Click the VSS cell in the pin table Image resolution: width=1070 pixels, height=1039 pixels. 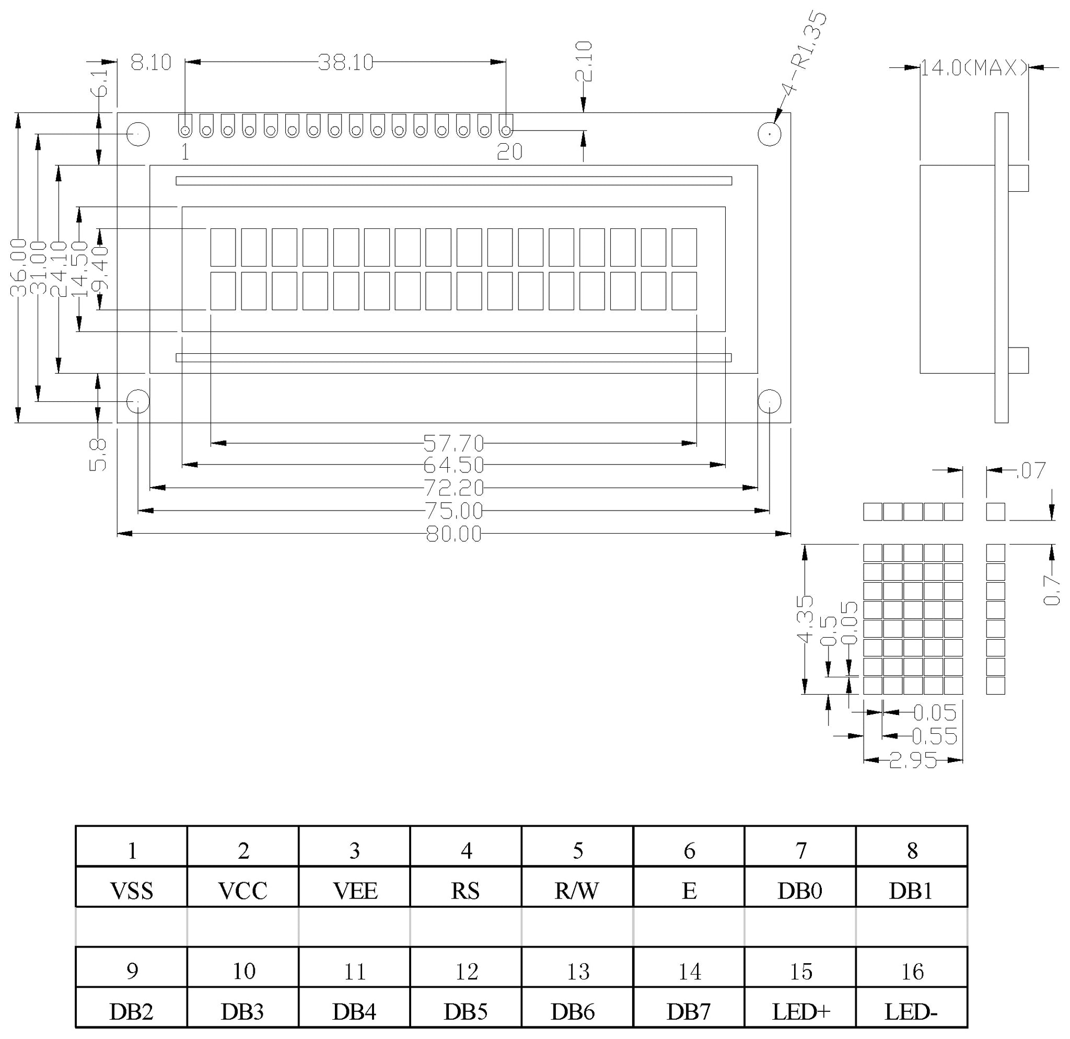(132, 892)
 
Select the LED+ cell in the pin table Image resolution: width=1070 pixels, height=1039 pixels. (801, 1012)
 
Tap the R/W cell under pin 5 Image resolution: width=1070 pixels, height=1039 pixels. (577, 892)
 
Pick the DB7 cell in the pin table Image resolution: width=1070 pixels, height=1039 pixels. (689, 1012)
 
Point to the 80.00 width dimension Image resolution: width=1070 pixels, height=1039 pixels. (453, 534)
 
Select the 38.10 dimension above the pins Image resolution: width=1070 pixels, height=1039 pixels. (345, 62)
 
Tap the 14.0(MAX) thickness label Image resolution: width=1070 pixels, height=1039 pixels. (974, 68)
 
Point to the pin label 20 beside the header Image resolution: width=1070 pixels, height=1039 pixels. (509, 152)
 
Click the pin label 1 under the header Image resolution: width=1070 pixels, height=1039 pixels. (185, 152)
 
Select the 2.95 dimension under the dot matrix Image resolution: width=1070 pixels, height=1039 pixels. (913, 760)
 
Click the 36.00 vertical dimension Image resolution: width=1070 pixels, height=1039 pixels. (19, 268)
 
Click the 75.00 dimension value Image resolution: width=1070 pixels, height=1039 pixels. (453, 511)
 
